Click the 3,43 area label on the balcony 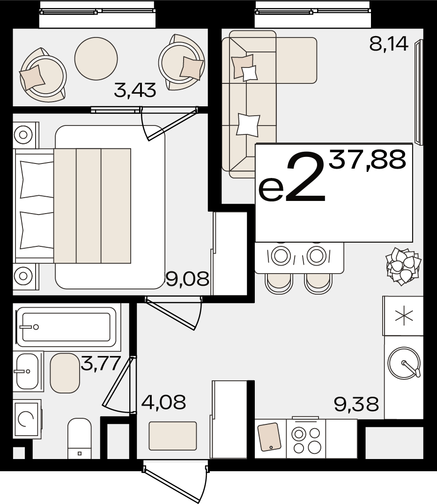point(135,90)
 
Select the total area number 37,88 point(367,160)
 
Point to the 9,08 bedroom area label point(188,278)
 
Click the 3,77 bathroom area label point(101,363)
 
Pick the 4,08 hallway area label point(163,402)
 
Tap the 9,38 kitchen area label point(356,404)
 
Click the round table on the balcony point(96,59)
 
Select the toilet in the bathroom point(80,438)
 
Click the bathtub point(67,327)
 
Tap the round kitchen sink point(404,363)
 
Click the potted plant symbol point(404,266)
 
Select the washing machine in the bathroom point(27,419)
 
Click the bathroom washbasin point(28,371)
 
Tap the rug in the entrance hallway point(172,436)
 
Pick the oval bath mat point(65,373)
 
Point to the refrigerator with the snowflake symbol point(403,316)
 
